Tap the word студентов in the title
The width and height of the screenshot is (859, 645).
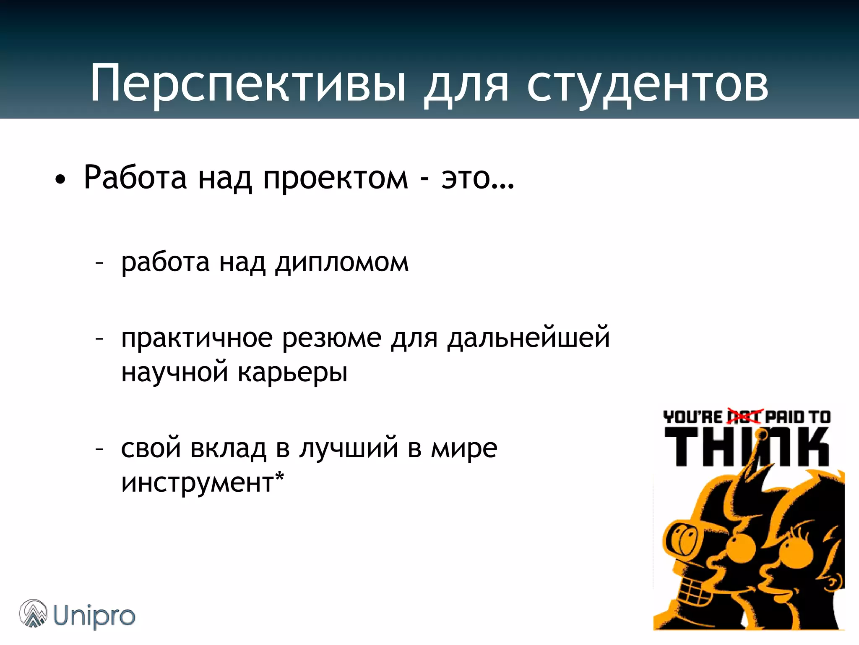pyautogui.click(x=648, y=84)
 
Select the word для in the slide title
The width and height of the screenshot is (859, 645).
pyautogui.click(x=466, y=84)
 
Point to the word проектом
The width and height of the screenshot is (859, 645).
pyautogui.click(x=335, y=178)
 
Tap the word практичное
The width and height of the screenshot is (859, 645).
pyautogui.click(x=197, y=338)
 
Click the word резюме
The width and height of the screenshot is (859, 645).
pyautogui.click(x=332, y=338)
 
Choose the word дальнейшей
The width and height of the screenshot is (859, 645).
pyautogui.click(x=528, y=338)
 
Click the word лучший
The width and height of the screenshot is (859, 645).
pyautogui.click(x=349, y=448)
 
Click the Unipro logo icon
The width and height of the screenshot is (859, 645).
pyautogui.click(x=33, y=614)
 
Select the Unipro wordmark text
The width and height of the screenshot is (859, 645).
pyautogui.click(x=94, y=616)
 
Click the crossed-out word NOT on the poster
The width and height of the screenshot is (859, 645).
pyautogui.click(x=743, y=417)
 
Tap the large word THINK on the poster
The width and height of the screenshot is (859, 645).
pyautogui.click(x=747, y=446)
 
